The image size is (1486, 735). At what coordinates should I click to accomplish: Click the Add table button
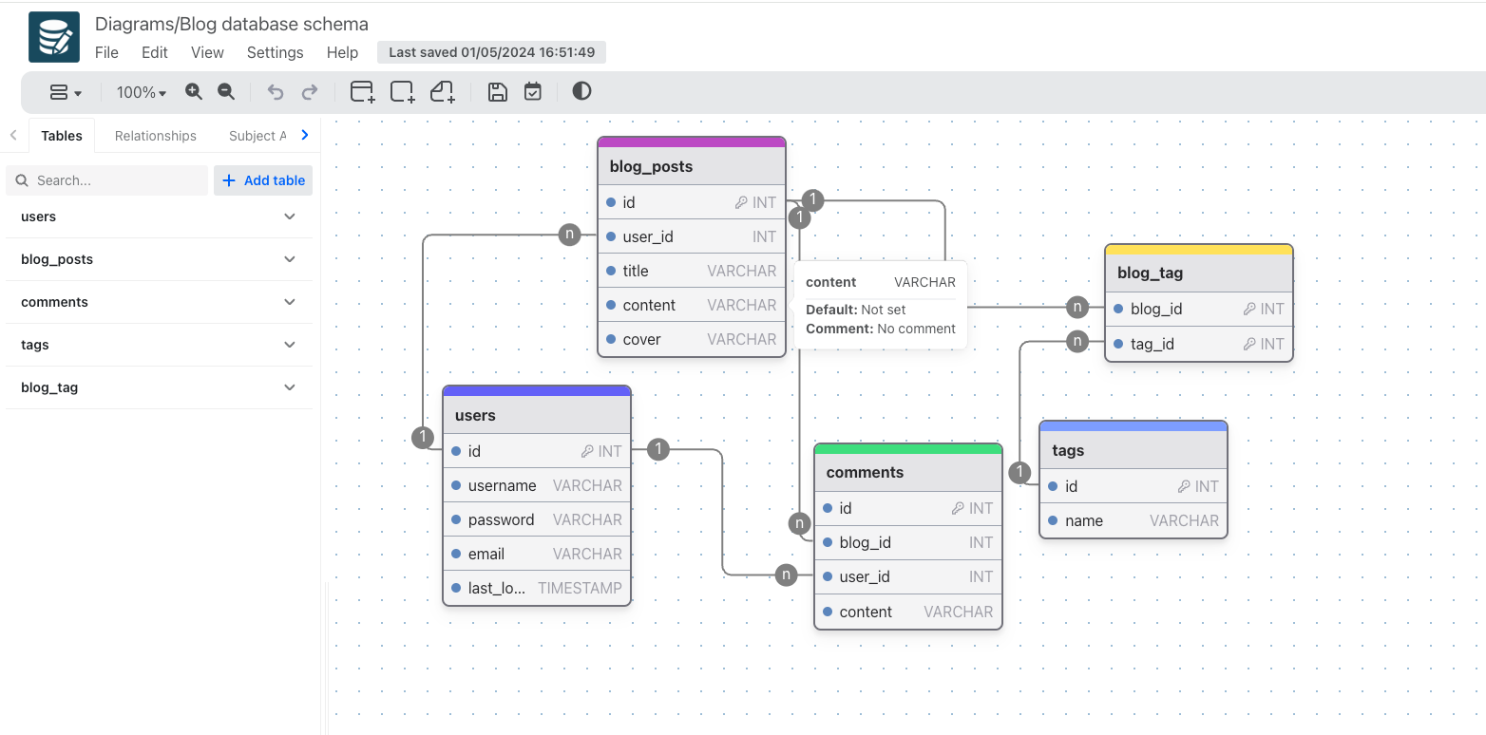click(263, 180)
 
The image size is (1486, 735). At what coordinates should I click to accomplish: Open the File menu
click(106, 52)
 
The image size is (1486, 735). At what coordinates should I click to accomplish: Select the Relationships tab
click(155, 136)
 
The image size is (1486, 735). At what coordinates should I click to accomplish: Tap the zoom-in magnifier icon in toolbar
click(194, 91)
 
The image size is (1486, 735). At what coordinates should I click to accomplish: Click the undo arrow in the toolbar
click(276, 92)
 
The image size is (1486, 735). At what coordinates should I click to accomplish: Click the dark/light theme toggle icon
click(581, 91)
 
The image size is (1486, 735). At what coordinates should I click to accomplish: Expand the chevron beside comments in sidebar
click(290, 302)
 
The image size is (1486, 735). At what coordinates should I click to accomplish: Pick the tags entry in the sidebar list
click(35, 345)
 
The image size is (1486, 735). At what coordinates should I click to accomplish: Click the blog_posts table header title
click(651, 166)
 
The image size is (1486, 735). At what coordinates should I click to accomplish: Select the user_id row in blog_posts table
click(691, 236)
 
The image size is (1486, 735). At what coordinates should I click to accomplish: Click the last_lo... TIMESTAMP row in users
click(537, 588)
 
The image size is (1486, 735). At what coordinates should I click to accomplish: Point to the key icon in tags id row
click(1184, 486)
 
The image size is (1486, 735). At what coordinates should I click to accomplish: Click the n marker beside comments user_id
click(786, 575)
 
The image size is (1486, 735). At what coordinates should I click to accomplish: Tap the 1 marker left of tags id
click(1019, 472)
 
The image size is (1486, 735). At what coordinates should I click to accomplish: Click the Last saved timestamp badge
click(491, 52)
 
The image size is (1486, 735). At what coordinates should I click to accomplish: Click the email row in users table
click(537, 554)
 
